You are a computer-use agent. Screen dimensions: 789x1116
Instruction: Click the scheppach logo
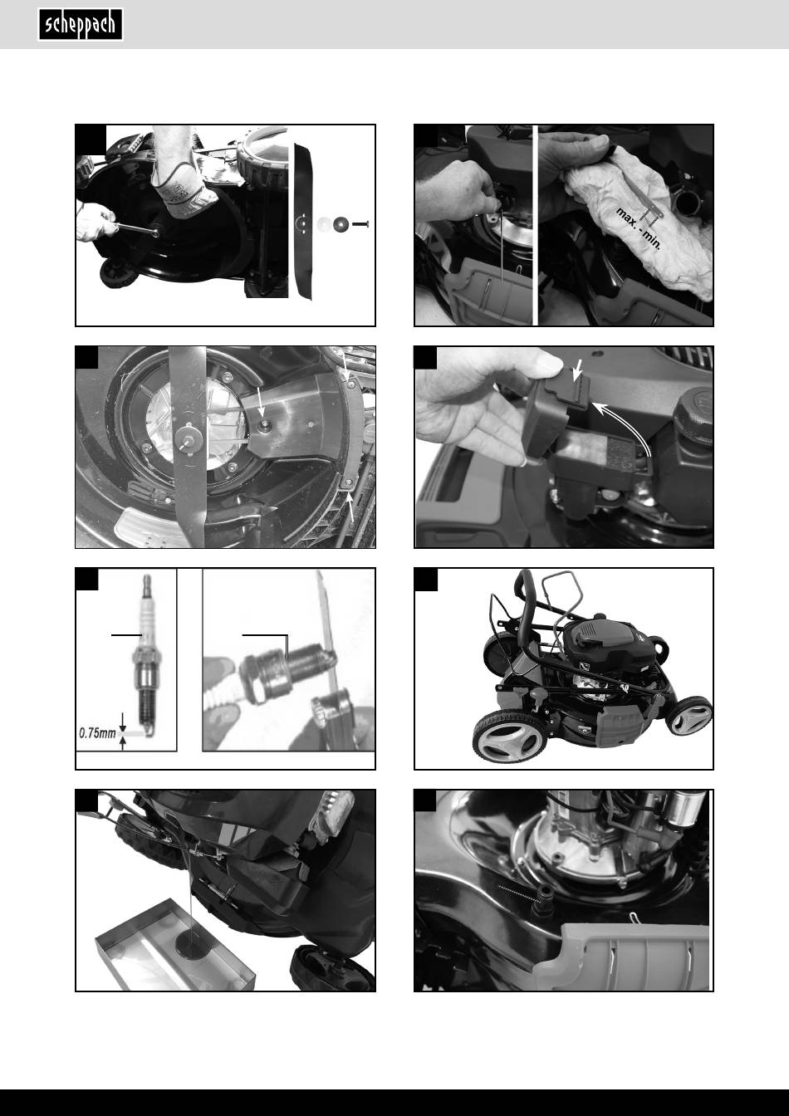pyautogui.click(x=81, y=24)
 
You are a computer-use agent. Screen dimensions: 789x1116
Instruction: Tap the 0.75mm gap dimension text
pyautogui.click(x=97, y=733)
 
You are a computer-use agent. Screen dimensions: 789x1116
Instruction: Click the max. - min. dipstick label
pyautogui.click(x=639, y=229)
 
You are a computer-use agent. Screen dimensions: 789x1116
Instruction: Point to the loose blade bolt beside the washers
pyautogui.click(x=360, y=224)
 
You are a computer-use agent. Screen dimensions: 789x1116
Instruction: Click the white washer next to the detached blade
pyautogui.click(x=324, y=224)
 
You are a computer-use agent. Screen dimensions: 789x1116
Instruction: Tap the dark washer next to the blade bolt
pyautogui.click(x=341, y=224)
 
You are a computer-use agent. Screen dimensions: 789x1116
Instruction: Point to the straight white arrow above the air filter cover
pyautogui.click(x=578, y=370)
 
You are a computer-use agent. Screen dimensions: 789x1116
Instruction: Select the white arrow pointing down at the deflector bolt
pyautogui.click(x=261, y=400)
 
